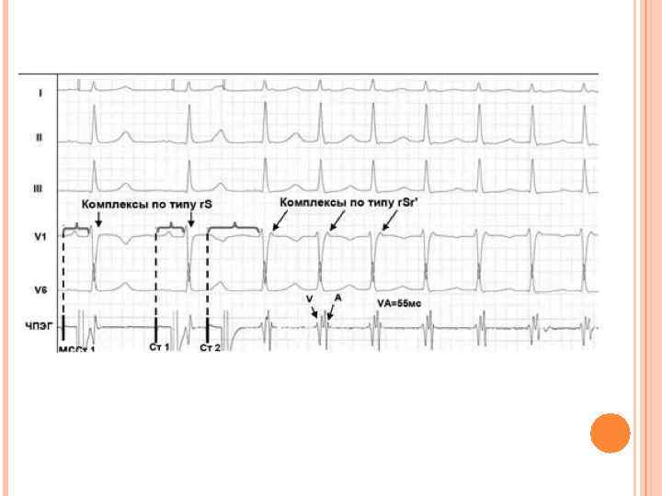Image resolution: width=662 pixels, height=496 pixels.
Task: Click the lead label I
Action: [40, 93]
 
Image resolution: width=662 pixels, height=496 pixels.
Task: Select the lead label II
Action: [40, 138]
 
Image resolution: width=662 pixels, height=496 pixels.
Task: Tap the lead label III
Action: [39, 188]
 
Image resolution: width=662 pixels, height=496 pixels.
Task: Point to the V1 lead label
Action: [40, 238]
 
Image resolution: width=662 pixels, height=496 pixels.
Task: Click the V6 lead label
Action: [40, 289]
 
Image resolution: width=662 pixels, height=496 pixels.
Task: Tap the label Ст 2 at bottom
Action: [210, 348]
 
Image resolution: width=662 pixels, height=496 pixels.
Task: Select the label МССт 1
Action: [77, 349]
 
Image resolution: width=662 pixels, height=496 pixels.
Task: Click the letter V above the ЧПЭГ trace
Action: [309, 299]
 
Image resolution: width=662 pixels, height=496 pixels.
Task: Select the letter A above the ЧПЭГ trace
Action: [338, 299]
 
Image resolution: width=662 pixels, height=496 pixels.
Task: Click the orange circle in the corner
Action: [610, 433]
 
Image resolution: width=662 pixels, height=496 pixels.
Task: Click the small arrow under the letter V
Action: [314, 312]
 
